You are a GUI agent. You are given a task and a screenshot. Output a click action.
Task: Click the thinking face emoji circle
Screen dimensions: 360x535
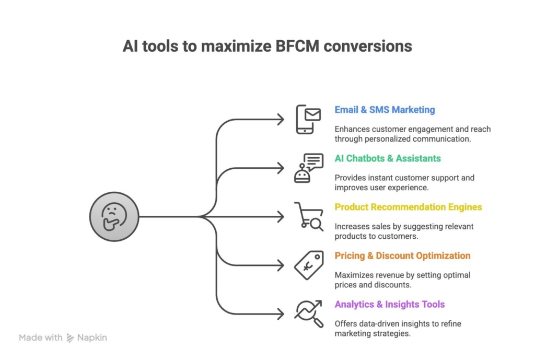[x=114, y=216]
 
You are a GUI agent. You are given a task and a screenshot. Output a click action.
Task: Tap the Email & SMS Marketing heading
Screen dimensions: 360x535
[x=385, y=110]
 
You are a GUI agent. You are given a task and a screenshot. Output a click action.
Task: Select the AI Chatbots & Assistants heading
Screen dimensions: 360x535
[x=388, y=158]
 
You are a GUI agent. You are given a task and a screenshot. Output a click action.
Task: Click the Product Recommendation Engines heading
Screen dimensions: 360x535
[x=408, y=207]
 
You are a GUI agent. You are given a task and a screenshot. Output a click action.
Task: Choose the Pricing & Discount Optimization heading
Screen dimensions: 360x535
[x=402, y=256]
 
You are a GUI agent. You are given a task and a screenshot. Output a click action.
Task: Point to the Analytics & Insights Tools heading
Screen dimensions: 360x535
[x=390, y=304]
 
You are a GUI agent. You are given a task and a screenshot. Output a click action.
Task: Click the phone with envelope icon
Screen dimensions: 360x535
[x=308, y=120]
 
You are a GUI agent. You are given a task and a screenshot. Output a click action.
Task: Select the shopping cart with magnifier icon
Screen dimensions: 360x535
[x=308, y=216]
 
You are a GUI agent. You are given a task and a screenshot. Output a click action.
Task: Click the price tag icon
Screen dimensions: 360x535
[x=308, y=265]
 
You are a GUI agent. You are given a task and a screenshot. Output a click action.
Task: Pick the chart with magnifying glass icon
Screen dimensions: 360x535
[x=308, y=313]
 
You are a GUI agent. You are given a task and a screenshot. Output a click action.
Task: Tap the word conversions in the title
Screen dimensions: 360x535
[x=367, y=46]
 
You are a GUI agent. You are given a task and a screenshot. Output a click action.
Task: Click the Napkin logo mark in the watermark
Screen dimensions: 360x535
[x=71, y=338]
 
